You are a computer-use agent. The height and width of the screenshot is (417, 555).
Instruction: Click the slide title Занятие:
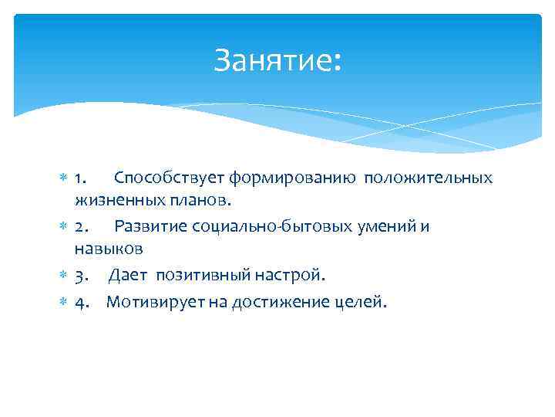tap(277, 59)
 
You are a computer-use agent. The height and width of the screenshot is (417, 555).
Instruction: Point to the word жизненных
tap(113, 201)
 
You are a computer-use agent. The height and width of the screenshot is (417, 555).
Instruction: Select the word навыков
tap(109, 249)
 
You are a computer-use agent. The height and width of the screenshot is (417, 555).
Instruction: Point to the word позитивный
tap(197, 275)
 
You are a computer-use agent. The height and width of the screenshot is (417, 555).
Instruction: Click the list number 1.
tap(81, 178)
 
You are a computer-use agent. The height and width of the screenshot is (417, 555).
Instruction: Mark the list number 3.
tap(81, 275)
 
